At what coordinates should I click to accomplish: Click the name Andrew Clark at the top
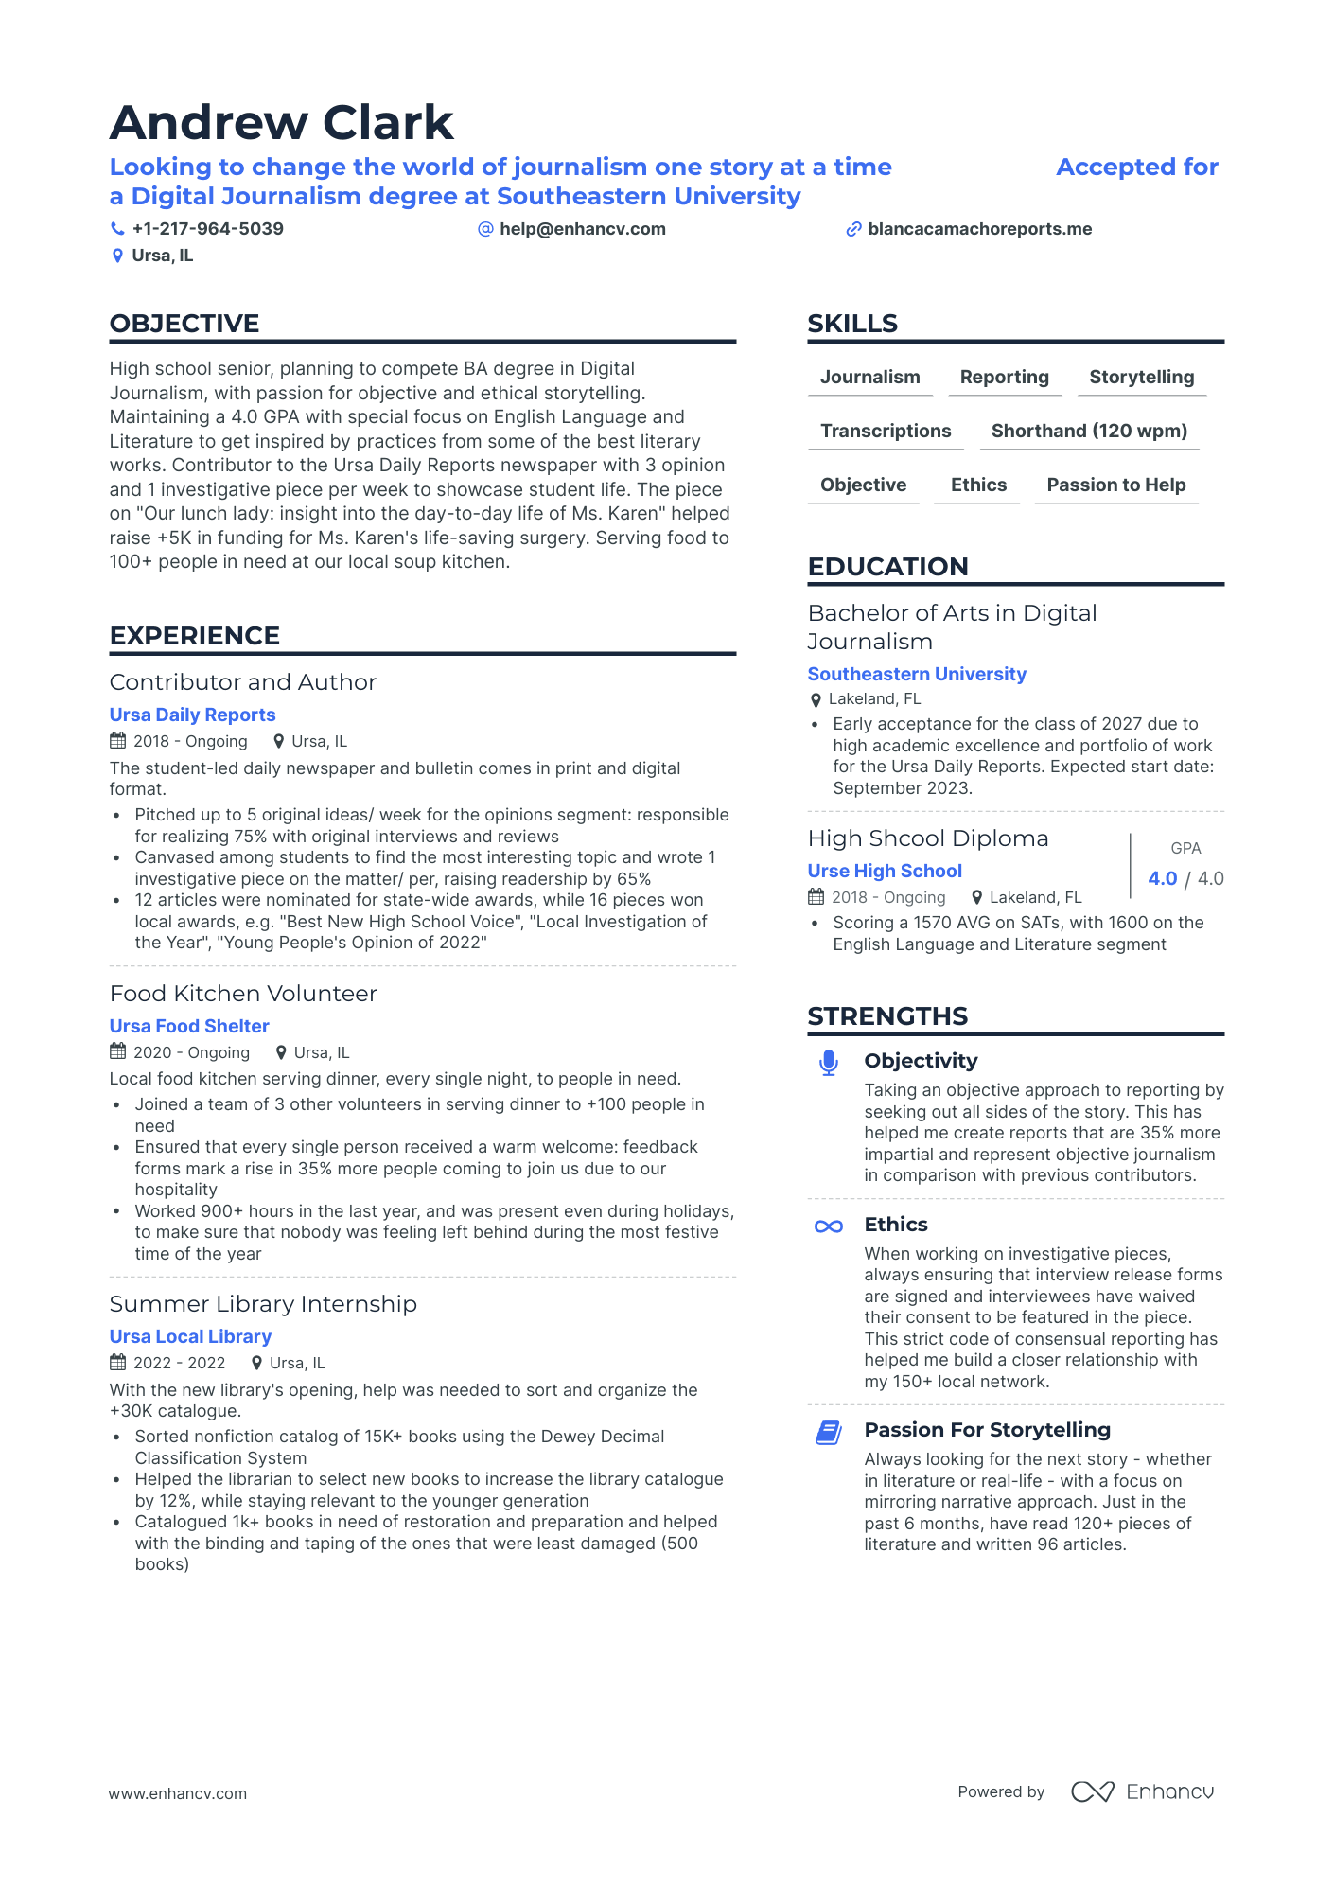pyautogui.click(x=281, y=123)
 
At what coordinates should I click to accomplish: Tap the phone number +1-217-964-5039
pyautogui.click(x=207, y=229)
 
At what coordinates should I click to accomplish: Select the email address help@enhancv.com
pyautogui.click(x=582, y=229)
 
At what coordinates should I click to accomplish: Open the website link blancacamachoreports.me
pyautogui.click(x=979, y=229)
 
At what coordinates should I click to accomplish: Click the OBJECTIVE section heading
pyautogui.click(x=184, y=324)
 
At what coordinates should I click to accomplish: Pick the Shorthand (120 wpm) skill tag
pyautogui.click(x=1089, y=432)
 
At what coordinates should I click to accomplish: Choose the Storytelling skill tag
pyautogui.click(x=1141, y=378)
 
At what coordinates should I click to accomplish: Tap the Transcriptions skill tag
pyautogui.click(x=886, y=432)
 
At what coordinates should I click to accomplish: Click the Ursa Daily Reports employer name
pyautogui.click(x=192, y=715)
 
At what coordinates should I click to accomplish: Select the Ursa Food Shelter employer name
pyautogui.click(x=189, y=1027)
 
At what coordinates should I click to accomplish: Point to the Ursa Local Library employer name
pyautogui.click(x=190, y=1337)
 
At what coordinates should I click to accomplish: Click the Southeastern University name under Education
pyautogui.click(x=916, y=675)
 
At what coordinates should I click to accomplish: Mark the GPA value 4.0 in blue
pyautogui.click(x=1162, y=879)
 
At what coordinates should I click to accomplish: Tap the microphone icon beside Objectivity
pyautogui.click(x=828, y=1063)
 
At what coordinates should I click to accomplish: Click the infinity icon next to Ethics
pyautogui.click(x=828, y=1226)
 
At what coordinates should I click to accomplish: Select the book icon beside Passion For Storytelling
pyautogui.click(x=828, y=1433)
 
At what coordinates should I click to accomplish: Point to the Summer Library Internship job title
pyautogui.click(x=263, y=1304)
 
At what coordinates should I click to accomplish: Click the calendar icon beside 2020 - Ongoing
pyautogui.click(x=118, y=1051)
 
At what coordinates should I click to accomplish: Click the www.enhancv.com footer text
pyautogui.click(x=177, y=1794)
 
